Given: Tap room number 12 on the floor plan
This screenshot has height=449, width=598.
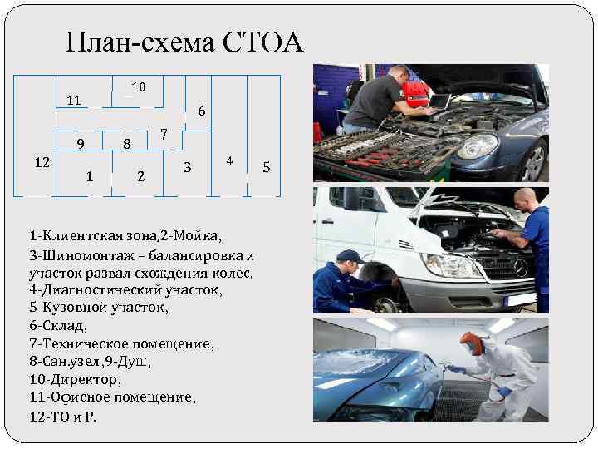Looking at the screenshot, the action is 42,163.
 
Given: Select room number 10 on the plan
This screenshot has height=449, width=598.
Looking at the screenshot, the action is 139,87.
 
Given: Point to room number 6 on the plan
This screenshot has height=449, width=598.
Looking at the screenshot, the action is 202,111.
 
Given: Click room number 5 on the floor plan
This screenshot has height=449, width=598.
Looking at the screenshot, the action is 267,167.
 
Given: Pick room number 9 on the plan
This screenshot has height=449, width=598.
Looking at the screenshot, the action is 81,144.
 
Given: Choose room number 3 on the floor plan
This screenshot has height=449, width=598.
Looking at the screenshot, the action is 187,167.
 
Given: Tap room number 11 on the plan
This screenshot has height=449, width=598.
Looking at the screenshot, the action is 74,101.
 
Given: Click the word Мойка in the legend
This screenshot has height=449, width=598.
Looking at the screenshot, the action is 195,236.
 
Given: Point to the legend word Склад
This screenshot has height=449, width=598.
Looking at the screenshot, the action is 62,326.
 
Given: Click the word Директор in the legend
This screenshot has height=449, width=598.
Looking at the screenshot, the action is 84,379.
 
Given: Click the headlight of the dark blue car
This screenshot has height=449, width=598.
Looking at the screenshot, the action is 478,146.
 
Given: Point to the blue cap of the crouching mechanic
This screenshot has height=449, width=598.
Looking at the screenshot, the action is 350,256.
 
